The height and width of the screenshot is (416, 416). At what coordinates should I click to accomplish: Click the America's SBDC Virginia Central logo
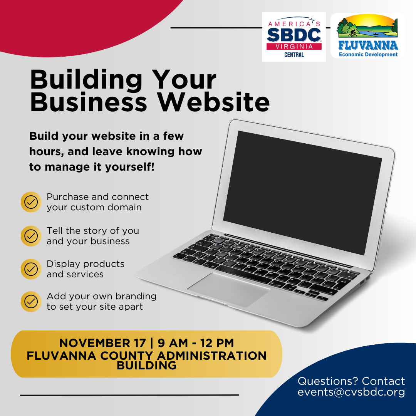(x=294, y=37)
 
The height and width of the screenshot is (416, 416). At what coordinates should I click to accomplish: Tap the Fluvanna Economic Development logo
(x=367, y=35)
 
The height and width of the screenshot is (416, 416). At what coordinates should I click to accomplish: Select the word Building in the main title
(x=86, y=80)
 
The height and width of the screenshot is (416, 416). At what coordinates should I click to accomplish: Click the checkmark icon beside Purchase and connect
(x=31, y=202)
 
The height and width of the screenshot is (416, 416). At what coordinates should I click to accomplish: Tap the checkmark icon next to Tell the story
(x=31, y=236)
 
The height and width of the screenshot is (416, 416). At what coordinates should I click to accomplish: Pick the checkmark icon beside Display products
(x=31, y=269)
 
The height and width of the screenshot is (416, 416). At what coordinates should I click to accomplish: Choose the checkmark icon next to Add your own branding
(x=31, y=302)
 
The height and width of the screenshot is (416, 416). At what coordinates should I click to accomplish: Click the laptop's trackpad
(x=229, y=289)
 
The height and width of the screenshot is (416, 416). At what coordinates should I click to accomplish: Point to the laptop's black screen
(x=302, y=192)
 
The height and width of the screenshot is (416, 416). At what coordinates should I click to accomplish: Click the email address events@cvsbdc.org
(x=351, y=392)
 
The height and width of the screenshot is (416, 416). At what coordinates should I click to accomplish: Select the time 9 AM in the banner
(x=173, y=343)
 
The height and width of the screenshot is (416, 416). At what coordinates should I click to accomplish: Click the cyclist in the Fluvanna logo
(x=352, y=33)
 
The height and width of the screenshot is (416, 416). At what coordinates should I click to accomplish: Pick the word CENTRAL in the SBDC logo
(x=294, y=55)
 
